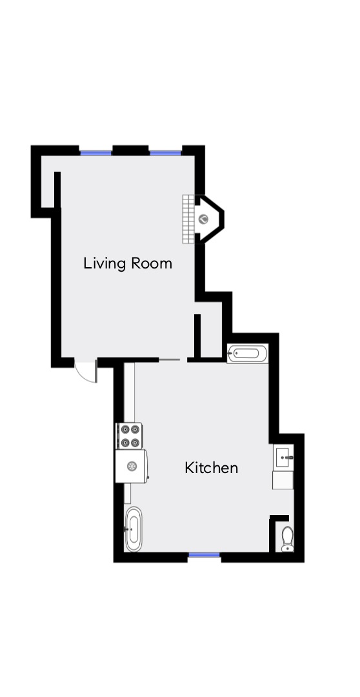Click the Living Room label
[128, 263]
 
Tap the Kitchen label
[211, 467]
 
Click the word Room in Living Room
[152, 263]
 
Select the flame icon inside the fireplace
[203, 219]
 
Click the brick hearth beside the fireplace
[188, 219]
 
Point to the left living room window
[96, 152]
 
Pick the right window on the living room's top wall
[166, 152]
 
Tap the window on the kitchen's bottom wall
[204, 554]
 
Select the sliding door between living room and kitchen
[170, 359]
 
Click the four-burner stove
[130, 435]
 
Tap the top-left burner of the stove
[125, 428]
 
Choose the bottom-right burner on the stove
[135, 442]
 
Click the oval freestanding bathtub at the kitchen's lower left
[133, 529]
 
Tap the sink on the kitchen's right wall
[283, 458]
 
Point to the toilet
[287, 538]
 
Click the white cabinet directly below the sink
[283, 480]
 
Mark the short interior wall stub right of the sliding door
[197, 334]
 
